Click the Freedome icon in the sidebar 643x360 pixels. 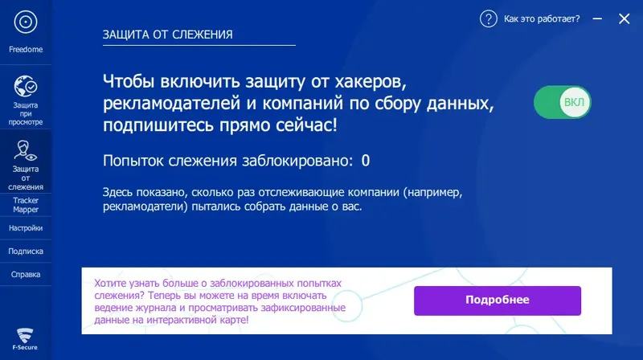[x=26, y=22]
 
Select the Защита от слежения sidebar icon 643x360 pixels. [x=26, y=150]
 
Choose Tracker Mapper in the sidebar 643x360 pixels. [x=26, y=204]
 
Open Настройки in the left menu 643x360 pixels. [x=26, y=228]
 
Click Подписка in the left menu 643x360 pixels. [x=26, y=252]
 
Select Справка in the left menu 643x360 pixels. [x=26, y=275]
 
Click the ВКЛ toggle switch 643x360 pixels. [x=562, y=103]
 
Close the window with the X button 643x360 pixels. [x=624, y=18]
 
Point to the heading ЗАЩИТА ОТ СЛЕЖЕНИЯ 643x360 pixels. [x=168, y=35]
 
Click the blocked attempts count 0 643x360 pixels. [x=366, y=160]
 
